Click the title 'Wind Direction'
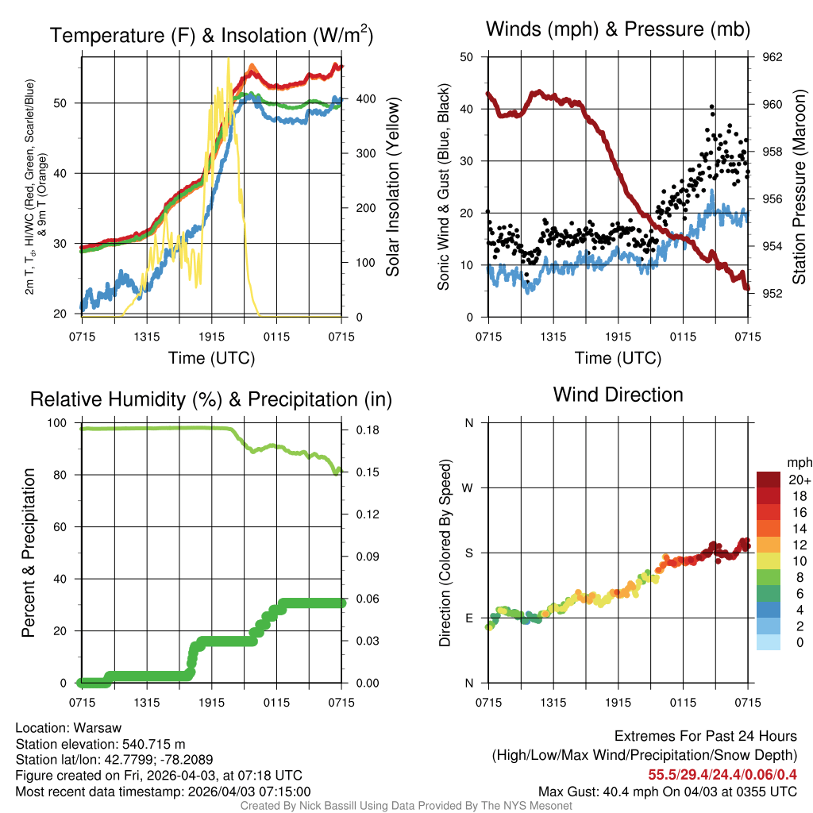(618, 395)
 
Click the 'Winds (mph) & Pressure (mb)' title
(618, 29)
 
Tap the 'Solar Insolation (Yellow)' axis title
(392, 187)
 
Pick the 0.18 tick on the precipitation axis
(363, 430)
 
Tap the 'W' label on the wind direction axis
(468, 487)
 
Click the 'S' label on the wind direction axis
(469, 553)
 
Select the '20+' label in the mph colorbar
(797, 480)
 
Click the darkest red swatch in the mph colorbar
(769, 480)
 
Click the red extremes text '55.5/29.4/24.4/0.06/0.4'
(722, 775)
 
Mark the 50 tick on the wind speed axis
(467, 57)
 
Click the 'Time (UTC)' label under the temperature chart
(211, 358)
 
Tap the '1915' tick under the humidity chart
(212, 702)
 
